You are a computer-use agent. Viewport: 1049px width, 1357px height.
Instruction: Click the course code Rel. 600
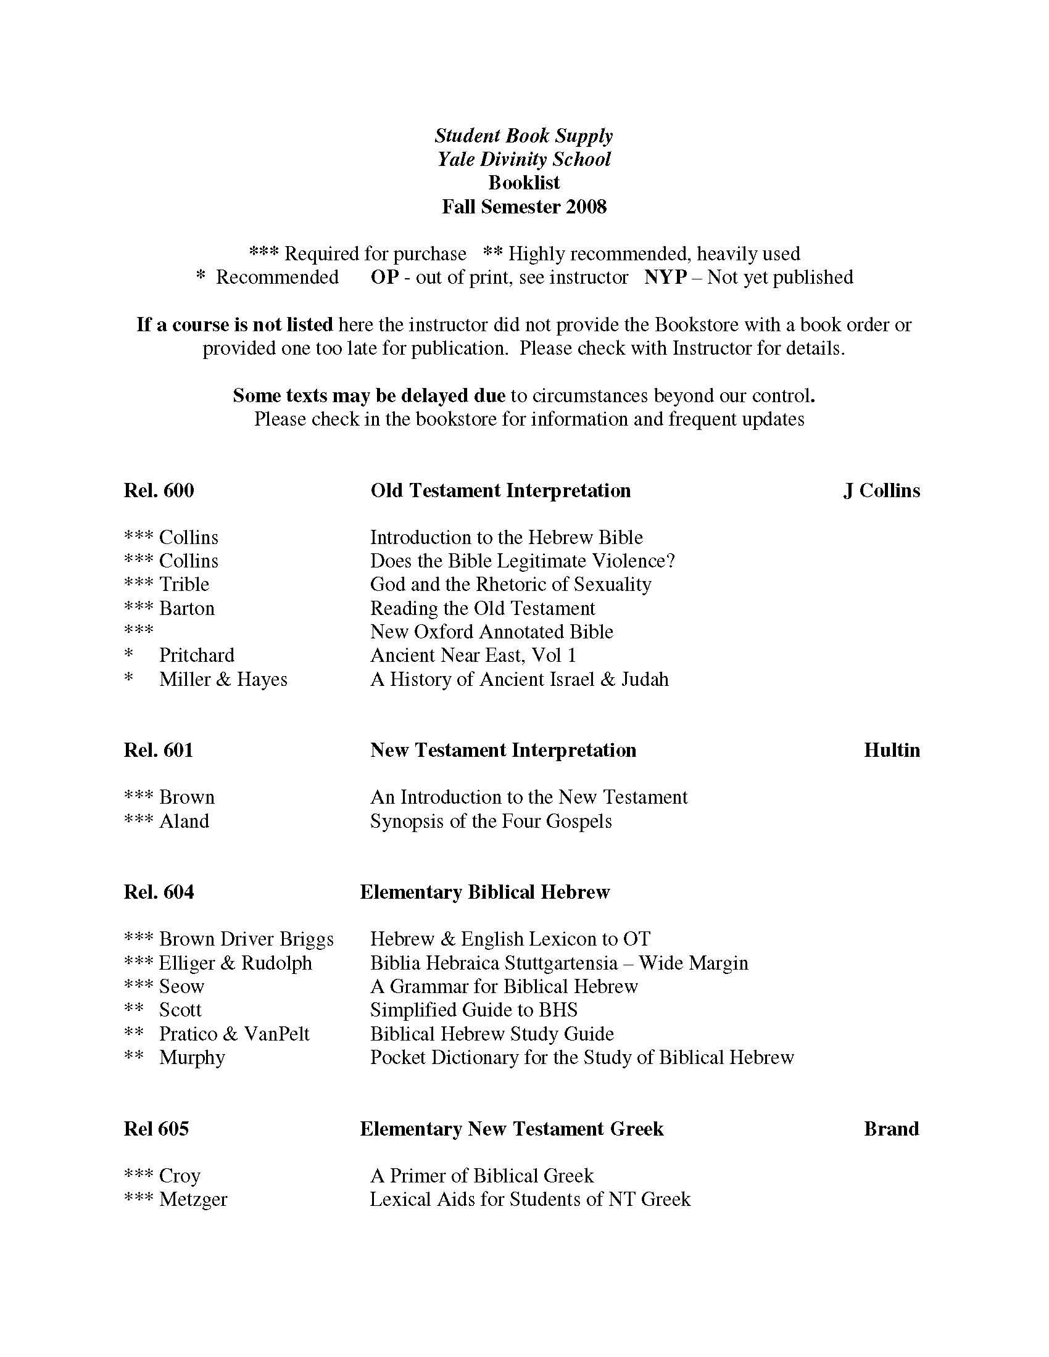pyautogui.click(x=159, y=491)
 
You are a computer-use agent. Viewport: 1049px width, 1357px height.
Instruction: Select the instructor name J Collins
pyautogui.click(x=881, y=491)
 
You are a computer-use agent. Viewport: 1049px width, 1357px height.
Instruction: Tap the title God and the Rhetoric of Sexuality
pyautogui.click(x=510, y=585)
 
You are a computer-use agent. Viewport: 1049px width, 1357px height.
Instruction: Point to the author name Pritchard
pyautogui.click(x=196, y=656)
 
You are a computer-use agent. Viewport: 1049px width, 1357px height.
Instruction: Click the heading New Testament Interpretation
pyautogui.click(x=503, y=751)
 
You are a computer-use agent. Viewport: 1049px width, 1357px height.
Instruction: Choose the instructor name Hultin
pyautogui.click(x=891, y=751)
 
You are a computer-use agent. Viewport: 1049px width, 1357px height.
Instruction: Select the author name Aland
pyautogui.click(x=184, y=822)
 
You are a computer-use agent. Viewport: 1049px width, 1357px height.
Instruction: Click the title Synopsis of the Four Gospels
pyautogui.click(x=491, y=822)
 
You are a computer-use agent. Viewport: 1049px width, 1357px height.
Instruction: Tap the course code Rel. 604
pyautogui.click(x=159, y=893)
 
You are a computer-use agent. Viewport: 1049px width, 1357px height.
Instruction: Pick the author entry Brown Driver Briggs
pyautogui.click(x=246, y=939)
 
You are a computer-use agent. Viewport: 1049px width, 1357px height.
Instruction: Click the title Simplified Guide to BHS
pyautogui.click(x=473, y=1010)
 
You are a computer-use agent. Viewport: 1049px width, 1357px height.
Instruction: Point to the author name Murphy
pyautogui.click(x=192, y=1057)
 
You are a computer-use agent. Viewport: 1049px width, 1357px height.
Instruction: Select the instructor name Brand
pyautogui.click(x=891, y=1128)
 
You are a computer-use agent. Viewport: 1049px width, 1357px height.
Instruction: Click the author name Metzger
pyautogui.click(x=193, y=1199)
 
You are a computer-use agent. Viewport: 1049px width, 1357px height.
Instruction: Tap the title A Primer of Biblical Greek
pyautogui.click(x=482, y=1176)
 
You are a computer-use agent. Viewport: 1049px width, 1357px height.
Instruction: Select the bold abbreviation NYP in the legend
pyautogui.click(x=665, y=277)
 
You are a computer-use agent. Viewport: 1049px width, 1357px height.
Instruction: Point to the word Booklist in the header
pyautogui.click(x=524, y=183)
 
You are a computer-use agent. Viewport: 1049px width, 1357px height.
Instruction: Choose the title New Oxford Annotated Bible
pyautogui.click(x=492, y=632)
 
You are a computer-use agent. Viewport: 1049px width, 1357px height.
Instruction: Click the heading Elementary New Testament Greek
pyautogui.click(x=512, y=1128)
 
